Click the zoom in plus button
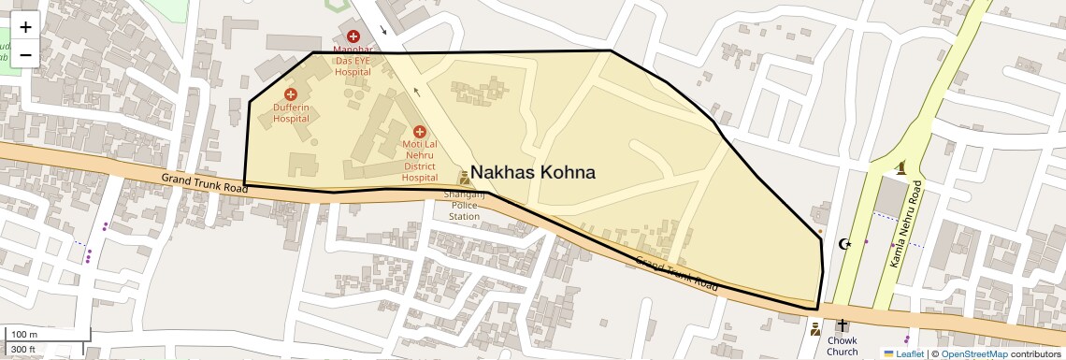click(x=25, y=27)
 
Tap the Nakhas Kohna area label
click(x=532, y=173)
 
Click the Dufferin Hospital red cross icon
click(x=291, y=94)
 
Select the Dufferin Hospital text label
click(x=291, y=113)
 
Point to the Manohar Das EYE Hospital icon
click(x=353, y=36)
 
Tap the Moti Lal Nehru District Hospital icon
click(x=419, y=132)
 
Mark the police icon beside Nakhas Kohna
click(x=464, y=178)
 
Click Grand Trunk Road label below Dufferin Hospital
click(x=204, y=182)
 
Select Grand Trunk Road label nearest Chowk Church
click(x=677, y=274)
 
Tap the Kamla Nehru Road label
click(x=906, y=224)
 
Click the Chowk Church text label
click(x=843, y=346)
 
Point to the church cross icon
click(x=843, y=325)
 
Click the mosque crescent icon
click(x=846, y=244)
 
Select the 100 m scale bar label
click(x=24, y=335)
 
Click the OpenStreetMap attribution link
click(x=973, y=353)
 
